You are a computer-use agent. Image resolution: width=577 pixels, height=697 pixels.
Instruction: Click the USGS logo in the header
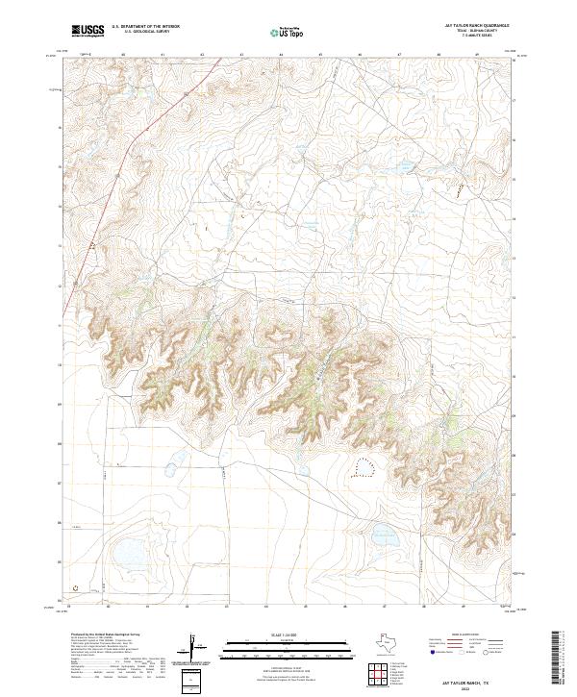click(88, 31)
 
